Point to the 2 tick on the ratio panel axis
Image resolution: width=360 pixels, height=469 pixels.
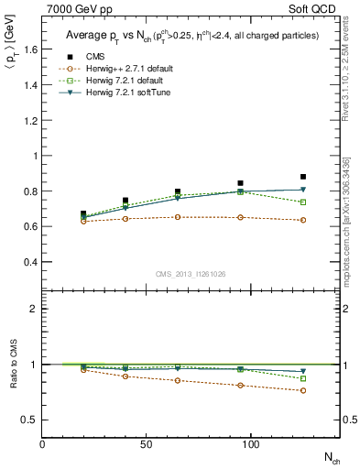point(33,309)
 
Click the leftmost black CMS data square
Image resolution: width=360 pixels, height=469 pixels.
point(83,213)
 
